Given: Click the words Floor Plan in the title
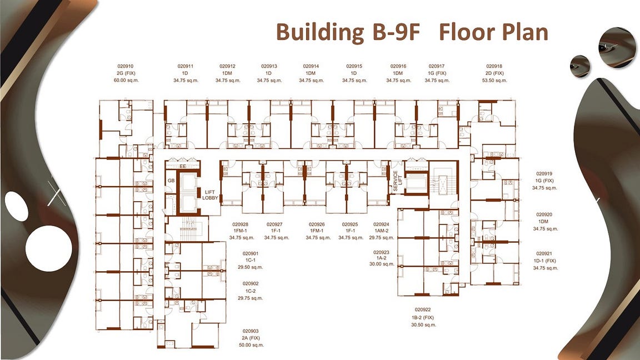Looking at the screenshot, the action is pos(493,32).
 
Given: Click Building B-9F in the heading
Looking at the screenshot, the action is pos(348,32).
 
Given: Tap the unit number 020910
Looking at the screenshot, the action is pos(126,66).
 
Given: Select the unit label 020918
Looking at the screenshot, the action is pos(494,66).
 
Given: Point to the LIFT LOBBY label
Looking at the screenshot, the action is pos(210,195).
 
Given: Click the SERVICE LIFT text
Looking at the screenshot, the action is pos(397,181).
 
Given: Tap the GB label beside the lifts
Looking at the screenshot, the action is pos(171,181).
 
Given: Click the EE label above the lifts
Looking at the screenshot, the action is pos(183,167).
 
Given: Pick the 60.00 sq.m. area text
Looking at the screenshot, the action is pos(126,81).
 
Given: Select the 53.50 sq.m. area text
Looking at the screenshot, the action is pos(494,81).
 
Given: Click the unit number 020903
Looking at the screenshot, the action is pos(251,332).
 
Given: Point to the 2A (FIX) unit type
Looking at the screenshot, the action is pos(251,338).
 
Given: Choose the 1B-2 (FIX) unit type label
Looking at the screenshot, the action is pos(423,318).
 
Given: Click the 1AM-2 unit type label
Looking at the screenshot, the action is pos(382,231).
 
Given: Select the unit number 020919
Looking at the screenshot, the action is pos(544,174).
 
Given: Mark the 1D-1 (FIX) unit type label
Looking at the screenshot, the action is pos(544,261).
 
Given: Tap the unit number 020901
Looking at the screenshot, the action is pos(251,253).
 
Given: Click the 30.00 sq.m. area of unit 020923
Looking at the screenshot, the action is pos(382,264).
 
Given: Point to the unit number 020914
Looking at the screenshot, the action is pos(311,66).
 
